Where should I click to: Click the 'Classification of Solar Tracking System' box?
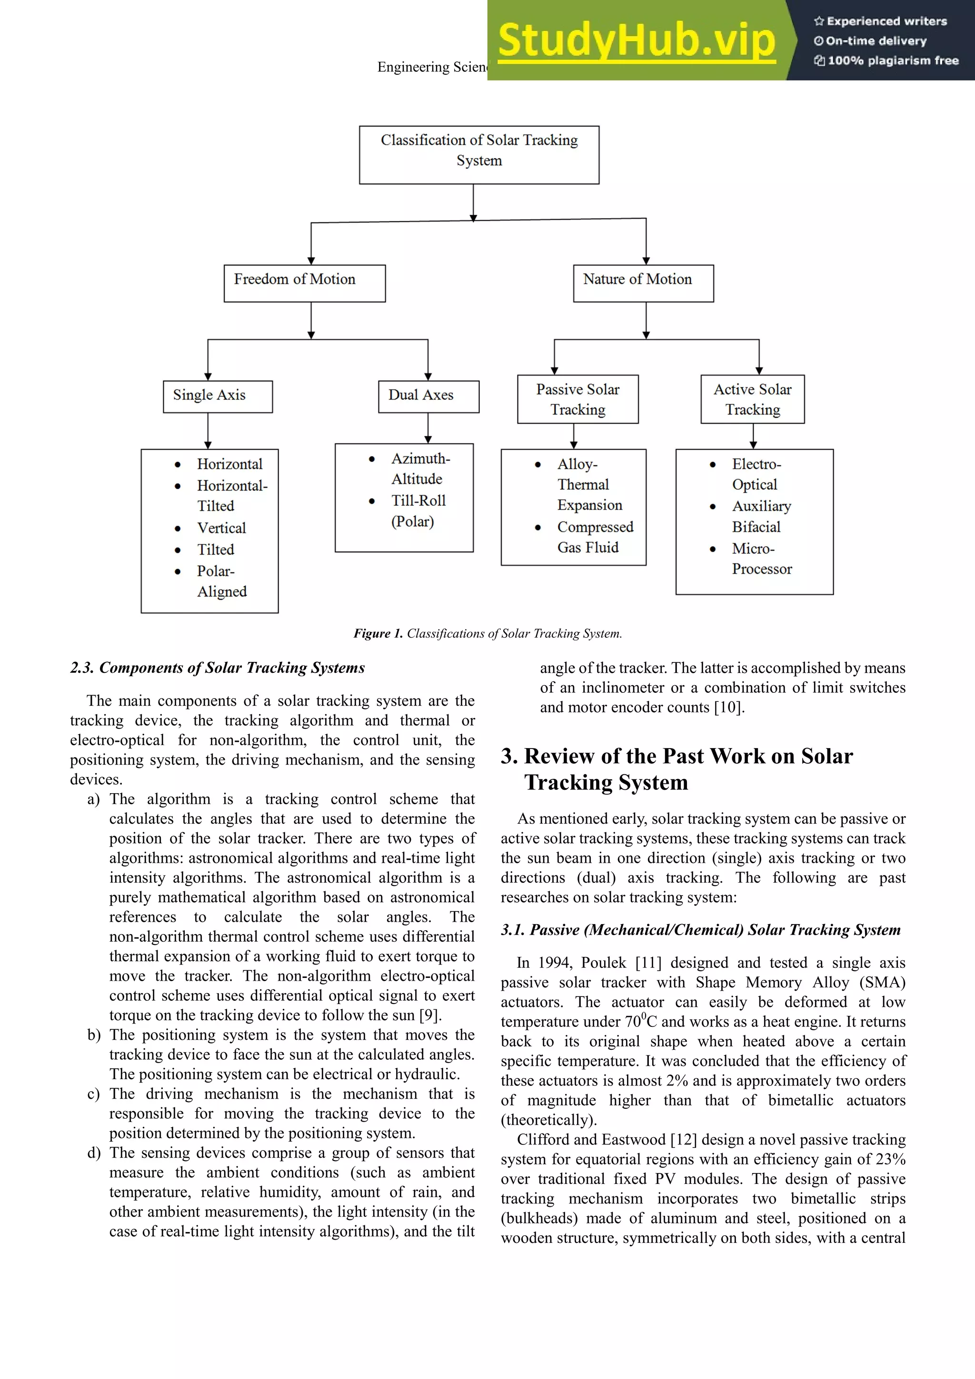click(x=479, y=154)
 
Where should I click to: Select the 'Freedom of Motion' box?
click(x=305, y=283)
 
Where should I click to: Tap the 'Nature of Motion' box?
click(x=643, y=283)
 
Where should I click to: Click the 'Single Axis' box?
click(x=218, y=396)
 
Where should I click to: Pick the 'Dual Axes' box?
click(x=428, y=396)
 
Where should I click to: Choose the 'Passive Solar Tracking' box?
click(x=577, y=399)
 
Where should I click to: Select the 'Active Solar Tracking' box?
click(x=752, y=399)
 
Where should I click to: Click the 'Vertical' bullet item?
click(x=221, y=528)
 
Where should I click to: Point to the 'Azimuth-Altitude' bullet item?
click(x=420, y=469)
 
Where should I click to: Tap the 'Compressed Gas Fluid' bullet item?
click(x=594, y=537)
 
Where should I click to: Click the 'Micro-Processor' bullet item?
click(x=761, y=559)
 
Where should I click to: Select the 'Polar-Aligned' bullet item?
click(x=221, y=581)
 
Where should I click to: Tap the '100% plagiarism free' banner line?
click(x=886, y=60)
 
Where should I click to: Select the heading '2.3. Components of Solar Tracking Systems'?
click(x=218, y=668)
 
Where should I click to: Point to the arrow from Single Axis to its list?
click(x=208, y=431)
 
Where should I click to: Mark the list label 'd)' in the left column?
click(x=94, y=1153)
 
